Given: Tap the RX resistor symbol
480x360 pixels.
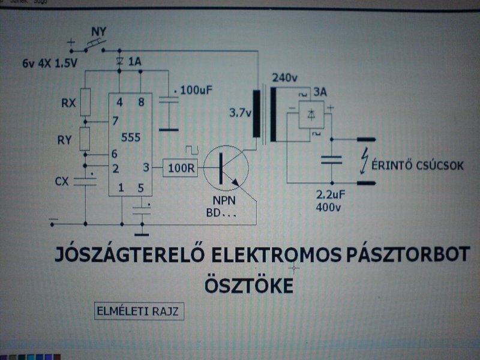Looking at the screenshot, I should point(85,102).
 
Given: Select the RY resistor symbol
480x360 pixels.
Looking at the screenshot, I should point(85,140).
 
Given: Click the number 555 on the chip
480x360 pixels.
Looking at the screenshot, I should point(131,137).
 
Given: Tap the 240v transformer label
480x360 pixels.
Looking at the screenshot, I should point(284,78).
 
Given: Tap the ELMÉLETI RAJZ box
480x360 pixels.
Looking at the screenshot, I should point(137,311).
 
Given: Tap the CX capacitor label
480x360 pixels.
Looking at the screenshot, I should point(62,181).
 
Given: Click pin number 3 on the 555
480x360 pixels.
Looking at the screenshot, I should point(146,167).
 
